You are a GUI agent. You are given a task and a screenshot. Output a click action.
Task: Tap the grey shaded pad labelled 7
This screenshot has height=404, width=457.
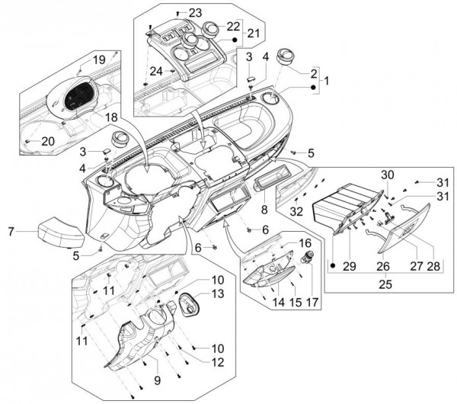pos(59,229)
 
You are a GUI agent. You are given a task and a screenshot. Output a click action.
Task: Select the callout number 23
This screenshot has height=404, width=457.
pos(196,14)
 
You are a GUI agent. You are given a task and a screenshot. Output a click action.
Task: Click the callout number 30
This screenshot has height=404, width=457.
pos(387,175)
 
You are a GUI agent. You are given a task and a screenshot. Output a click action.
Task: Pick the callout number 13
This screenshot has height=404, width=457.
pos(218,293)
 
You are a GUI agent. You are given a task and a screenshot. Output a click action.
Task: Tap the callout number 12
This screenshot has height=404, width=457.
pos(219,361)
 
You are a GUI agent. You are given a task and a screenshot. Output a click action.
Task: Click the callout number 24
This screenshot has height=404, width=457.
pos(156,71)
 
